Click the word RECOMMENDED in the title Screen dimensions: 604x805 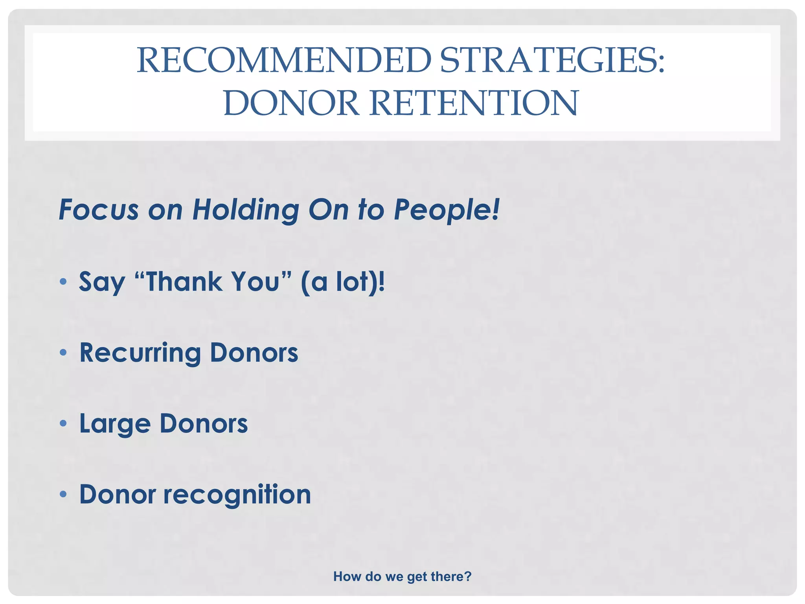tap(284, 60)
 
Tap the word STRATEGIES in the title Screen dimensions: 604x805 tap(550, 60)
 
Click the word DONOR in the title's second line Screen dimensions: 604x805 tap(291, 103)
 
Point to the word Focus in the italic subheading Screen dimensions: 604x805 tap(99, 210)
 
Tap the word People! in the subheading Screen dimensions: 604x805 tap(447, 210)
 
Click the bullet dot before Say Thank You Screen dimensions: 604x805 tap(63, 282)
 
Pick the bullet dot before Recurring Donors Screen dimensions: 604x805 tap(63, 352)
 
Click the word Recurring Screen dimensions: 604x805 tap(140, 352)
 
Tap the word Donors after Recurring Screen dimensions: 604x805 tap(254, 352)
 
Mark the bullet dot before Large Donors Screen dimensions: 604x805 tap(63, 423)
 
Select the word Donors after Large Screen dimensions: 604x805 tap(204, 423)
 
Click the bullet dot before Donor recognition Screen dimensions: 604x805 tap(63, 494)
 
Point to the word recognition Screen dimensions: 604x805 tap(237, 495)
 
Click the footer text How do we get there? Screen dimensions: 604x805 tap(402, 576)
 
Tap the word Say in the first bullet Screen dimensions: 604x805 tap(102, 282)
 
